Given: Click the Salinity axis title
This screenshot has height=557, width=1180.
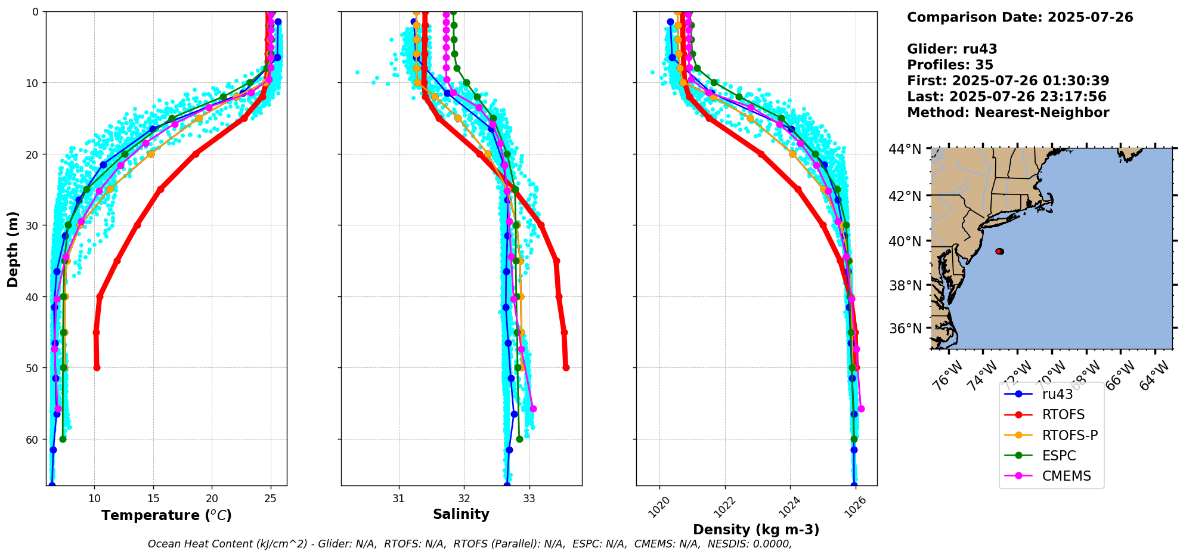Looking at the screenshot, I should tap(461, 514).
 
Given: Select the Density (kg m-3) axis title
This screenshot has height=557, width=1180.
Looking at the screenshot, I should tap(755, 530).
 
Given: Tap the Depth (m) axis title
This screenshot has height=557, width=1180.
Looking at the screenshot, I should tap(13, 249).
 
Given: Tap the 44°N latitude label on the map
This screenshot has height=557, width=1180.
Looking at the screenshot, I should tap(905, 149).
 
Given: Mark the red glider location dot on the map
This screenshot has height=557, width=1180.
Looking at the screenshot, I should tap(999, 251).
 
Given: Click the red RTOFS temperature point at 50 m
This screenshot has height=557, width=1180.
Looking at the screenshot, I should tap(97, 367).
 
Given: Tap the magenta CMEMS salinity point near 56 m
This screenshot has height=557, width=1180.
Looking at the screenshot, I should tap(533, 409).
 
